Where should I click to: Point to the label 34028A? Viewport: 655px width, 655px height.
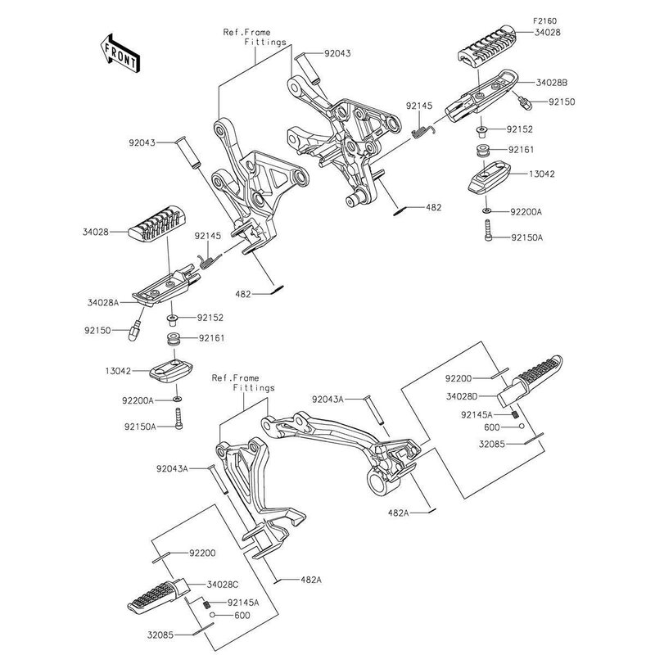point(103,302)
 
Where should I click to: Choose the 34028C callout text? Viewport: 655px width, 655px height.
point(224,584)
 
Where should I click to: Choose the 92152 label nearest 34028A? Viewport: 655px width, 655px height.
point(210,317)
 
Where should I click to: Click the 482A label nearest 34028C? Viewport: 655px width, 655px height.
point(311,580)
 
